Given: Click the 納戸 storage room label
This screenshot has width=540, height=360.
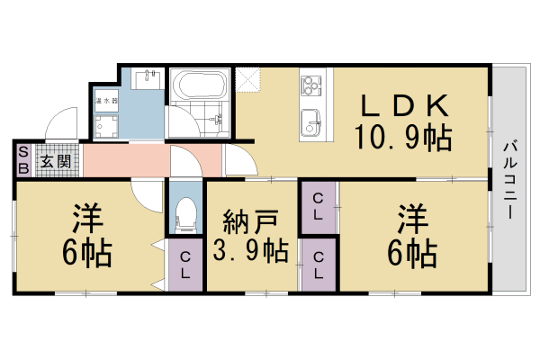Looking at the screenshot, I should [250, 219].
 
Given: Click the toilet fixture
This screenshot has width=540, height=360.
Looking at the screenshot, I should [186, 212].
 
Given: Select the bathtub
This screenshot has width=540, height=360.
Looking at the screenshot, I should [198, 89].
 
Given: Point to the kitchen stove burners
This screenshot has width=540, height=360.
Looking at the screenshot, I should [311, 86].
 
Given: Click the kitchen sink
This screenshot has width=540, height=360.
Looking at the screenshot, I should [310, 119].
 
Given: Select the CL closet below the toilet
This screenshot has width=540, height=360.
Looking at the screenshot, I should [185, 265].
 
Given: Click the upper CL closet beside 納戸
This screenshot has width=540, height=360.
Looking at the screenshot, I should [319, 209].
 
